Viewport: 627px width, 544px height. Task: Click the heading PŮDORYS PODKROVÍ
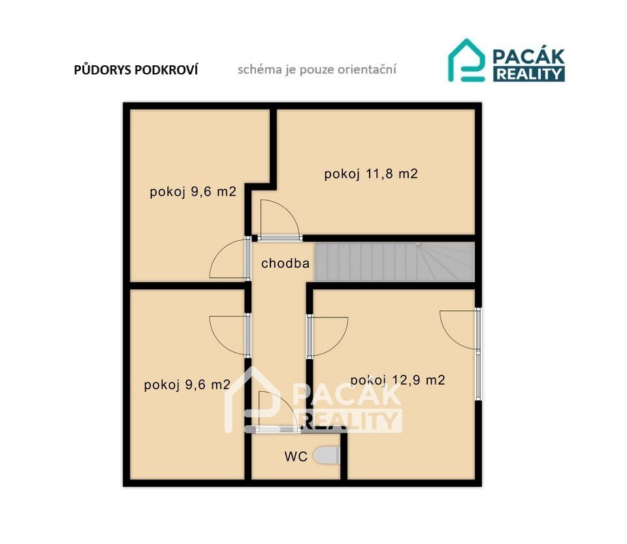coord(136,70)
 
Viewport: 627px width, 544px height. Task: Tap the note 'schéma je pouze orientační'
coord(317,69)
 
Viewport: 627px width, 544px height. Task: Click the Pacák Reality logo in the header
coord(506,60)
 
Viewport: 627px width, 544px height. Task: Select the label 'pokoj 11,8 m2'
coord(371,174)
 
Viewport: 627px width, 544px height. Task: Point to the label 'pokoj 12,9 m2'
coord(398,379)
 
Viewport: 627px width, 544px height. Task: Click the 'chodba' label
coord(285,263)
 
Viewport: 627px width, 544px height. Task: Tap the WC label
coord(296,456)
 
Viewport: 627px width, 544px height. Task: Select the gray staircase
coord(394,262)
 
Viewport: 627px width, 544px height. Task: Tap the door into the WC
coord(278,411)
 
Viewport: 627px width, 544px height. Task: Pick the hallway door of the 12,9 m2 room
coord(327,336)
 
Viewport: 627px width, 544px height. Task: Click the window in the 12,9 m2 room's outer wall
coord(478,375)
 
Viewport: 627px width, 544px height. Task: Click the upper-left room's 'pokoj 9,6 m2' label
coord(193,192)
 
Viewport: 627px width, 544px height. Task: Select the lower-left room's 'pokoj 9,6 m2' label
coord(187,385)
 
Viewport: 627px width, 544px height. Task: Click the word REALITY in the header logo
coord(529,74)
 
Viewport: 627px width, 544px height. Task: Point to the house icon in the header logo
coord(466,60)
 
